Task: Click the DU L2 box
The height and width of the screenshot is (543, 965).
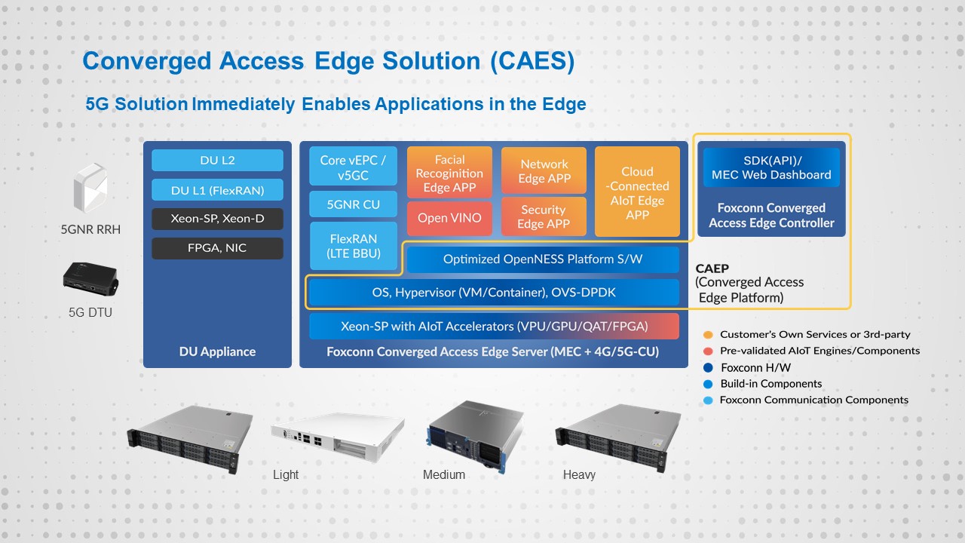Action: pos(217,161)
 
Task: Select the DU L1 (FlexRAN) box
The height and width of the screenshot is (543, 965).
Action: pos(217,190)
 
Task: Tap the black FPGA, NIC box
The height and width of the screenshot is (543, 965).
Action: pos(217,248)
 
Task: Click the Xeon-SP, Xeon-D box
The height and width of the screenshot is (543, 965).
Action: pos(217,219)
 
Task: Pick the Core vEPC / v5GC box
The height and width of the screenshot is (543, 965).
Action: pos(353,167)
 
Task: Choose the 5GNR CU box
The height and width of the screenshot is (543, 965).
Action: pos(353,204)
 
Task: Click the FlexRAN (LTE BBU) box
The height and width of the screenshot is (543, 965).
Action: pos(354,246)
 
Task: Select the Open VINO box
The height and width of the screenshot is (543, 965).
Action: pos(449,218)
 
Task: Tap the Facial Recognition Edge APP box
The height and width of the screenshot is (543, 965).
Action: pos(449,173)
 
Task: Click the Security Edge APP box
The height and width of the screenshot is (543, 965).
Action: pos(544,216)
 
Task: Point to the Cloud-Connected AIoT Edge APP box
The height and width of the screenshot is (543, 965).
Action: pos(637,192)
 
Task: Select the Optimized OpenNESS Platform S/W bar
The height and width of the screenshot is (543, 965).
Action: pos(543,259)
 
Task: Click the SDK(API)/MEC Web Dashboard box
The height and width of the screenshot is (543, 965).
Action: pos(771,167)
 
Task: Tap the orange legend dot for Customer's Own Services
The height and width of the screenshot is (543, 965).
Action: pos(708,335)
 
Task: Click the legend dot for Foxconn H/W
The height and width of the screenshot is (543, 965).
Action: pos(708,367)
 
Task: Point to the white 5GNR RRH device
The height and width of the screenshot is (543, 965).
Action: pos(90,188)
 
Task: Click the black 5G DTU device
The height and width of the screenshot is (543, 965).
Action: pos(90,280)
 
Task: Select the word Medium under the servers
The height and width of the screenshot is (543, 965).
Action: pos(444,474)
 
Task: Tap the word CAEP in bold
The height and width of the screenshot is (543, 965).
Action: pos(712,268)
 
